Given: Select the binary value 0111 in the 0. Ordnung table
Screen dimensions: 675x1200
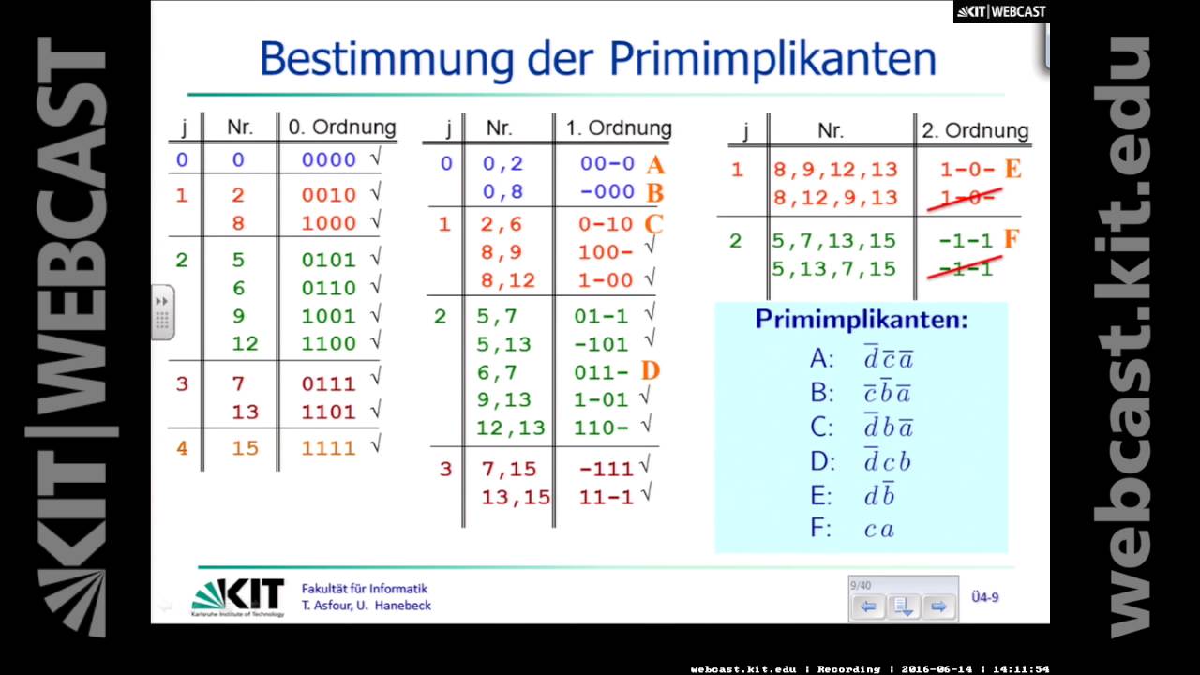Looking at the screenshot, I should (x=328, y=383).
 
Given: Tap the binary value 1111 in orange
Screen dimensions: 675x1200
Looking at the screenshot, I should (x=328, y=449).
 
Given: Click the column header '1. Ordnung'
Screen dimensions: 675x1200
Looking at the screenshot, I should (x=619, y=128).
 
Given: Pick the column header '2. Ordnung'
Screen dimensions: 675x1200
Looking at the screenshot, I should (x=975, y=130).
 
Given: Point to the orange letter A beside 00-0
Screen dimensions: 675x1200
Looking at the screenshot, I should (x=654, y=165).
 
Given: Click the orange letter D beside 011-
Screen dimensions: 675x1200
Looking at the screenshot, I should (x=651, y=371).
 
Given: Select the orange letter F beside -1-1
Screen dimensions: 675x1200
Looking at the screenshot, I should (x=1011, y=239).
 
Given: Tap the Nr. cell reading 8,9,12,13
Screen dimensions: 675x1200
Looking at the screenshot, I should (x=835, y=170).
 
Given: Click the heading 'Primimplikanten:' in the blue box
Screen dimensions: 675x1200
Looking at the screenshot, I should (x=861, y=320).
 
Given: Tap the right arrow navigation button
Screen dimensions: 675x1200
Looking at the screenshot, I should (x=937, y=607).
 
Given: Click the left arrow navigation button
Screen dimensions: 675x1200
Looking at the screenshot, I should (x=868, y=607).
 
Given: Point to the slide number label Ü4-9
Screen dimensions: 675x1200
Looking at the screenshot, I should (x=984, y=597).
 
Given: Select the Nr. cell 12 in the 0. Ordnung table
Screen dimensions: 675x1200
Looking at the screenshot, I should (x=245, y=344).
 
